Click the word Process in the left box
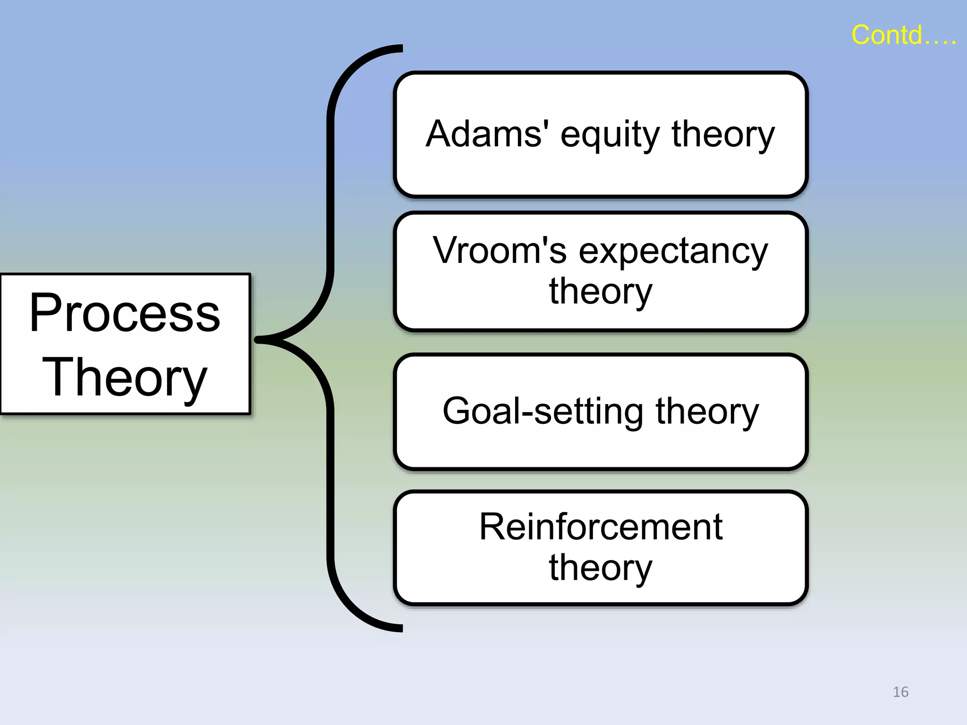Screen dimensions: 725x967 coord(125,313)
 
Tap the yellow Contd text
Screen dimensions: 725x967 coord(903,35)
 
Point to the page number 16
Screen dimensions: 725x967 coord(900,692)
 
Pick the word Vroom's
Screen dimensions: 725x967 coord(499,251)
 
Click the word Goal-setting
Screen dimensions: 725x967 coord(543,412)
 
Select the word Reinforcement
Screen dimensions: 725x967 coord(601,527)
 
